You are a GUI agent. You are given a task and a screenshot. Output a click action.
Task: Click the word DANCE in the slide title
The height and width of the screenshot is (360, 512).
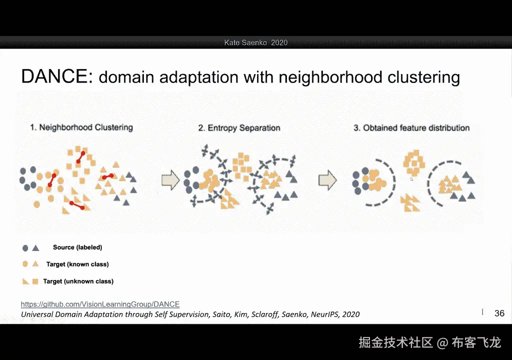pyautogui.click(x=53, y=76)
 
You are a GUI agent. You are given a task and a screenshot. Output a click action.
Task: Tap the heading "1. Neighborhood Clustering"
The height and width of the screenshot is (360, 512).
pyautogui.click(x=81, y=127)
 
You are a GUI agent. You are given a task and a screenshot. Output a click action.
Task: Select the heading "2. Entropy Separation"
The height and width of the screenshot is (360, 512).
pyautogui.click(x=239, y=128)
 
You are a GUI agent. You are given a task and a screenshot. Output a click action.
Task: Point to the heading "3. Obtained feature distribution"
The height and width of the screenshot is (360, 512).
pyautogui.click(x=411, y=128)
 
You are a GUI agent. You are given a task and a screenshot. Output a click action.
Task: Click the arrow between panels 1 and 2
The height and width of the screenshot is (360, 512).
pyautogui.click(x=170, y=180)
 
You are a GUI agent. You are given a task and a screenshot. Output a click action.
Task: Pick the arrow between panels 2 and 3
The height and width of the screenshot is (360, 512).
pyautogui.click(x=327, y=180)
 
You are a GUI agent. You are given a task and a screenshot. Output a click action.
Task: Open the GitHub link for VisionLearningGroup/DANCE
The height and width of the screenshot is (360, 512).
pyautogui.click(x=100, y=304)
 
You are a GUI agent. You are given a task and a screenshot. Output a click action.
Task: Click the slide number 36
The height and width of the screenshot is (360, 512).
pyautogui.click(x=499, y=313)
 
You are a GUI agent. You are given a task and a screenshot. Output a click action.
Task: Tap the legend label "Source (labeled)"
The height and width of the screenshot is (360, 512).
pyautogui.click(x=77, y=247)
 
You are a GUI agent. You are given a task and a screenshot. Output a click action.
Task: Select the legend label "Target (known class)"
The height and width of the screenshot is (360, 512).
pyautogui.click(x=77, y=264)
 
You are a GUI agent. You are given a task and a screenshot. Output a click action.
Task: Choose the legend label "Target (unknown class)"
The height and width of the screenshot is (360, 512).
pyautogui.click(x=78, y=281)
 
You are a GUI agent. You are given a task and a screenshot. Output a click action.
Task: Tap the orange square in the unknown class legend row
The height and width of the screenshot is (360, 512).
pyautogui.click(x=35, y=281)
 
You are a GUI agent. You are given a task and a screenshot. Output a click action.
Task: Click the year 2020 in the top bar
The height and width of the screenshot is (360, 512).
pyautogui.click(x=279, y=43)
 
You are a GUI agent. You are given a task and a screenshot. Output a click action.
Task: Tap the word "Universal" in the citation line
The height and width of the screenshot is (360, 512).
pyautogui.click(x=36, y=314)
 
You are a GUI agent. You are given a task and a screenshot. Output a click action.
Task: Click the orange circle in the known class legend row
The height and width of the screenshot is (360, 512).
pyautogui.click(x=25, y=264)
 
